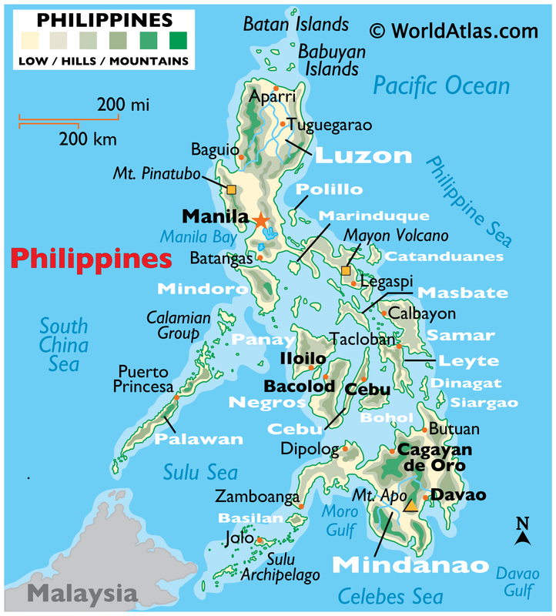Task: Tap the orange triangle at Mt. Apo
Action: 411,505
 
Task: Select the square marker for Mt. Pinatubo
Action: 231,189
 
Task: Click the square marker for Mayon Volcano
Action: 346,271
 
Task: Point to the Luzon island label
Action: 363,156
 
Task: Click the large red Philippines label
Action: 91,259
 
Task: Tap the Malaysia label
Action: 80,594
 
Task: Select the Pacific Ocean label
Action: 441,85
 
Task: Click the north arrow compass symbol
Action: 523,532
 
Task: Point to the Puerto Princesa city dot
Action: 176,397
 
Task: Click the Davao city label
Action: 458,495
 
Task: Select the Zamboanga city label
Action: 257,497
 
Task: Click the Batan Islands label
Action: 296,25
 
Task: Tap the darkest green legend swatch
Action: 177,38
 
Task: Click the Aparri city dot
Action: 276,89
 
